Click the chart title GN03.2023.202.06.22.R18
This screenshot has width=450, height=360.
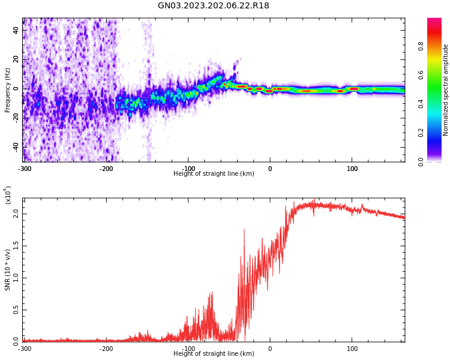[213, 6]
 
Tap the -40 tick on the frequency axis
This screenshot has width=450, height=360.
[16, 147]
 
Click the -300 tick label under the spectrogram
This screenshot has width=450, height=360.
[24, 169]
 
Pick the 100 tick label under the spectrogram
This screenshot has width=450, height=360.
[352, 169]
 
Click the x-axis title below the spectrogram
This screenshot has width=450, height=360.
[214, 174]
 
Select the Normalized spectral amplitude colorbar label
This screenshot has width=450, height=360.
[446, 90]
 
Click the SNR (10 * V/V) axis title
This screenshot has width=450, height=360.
[8, 269]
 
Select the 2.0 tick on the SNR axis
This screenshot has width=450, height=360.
[16, 214]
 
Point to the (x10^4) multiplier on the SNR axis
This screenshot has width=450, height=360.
[8, 196]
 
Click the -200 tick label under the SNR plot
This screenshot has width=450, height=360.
[106, 349]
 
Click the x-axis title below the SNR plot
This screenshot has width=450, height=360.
[214, 354]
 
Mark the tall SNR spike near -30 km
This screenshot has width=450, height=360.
[244, 230]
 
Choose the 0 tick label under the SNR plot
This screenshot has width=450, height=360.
[270, 349]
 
